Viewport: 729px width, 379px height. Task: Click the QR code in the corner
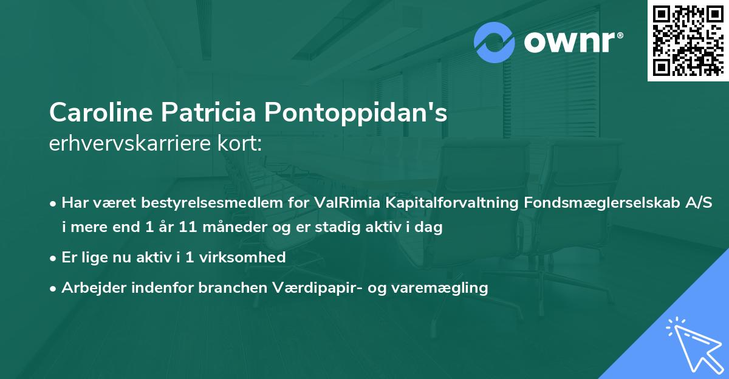point(687,41)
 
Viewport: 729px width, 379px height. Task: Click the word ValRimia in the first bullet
point(343,202)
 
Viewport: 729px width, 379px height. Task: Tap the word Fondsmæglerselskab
point(609,202)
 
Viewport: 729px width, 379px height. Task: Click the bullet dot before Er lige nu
point(54,258)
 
